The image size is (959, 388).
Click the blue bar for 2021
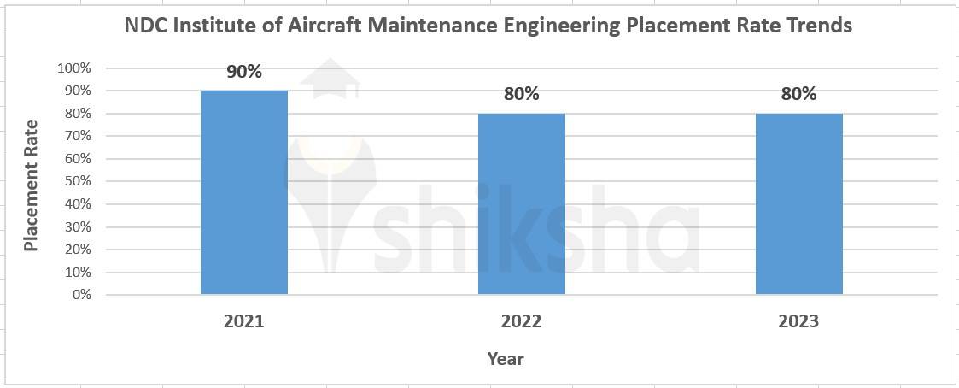pyautogui.click(x=244, y=192)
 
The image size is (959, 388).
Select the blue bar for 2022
pyautogui.click(x=521, y=203)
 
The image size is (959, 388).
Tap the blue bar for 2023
pyautogui.click(x=798, y=203)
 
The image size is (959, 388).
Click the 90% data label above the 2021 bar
pyautogui.click(x=244, y=72)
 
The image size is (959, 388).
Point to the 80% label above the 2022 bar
pyautogui.click(x=521, y=94)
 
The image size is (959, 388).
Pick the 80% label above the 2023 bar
pyautogui.click(x=798, y=94)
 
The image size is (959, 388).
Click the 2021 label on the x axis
pyautogui.click(x=244, y=321)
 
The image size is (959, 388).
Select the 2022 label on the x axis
pyautogui.click(x=521, y=321)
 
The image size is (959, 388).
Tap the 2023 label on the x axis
pyautogui.click(x=798, y=321)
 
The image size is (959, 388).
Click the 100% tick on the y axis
pyautogui.click(x=73, y=68)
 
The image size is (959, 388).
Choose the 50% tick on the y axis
pyautogui.click(x=77, y=181)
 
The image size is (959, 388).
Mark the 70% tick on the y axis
pyautogui.click(x=77, y=136)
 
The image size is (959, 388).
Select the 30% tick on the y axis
pyautogui.click(x=77, y=226)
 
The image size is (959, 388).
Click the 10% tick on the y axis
pyautogui.click(x=77, y=273)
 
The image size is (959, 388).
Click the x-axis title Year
pyautogui.click(x=506, y=359)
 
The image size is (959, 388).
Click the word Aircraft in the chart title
pyautogui.click(x=327, y=26)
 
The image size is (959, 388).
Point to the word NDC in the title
pyautogui.click(x=144, y=26)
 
